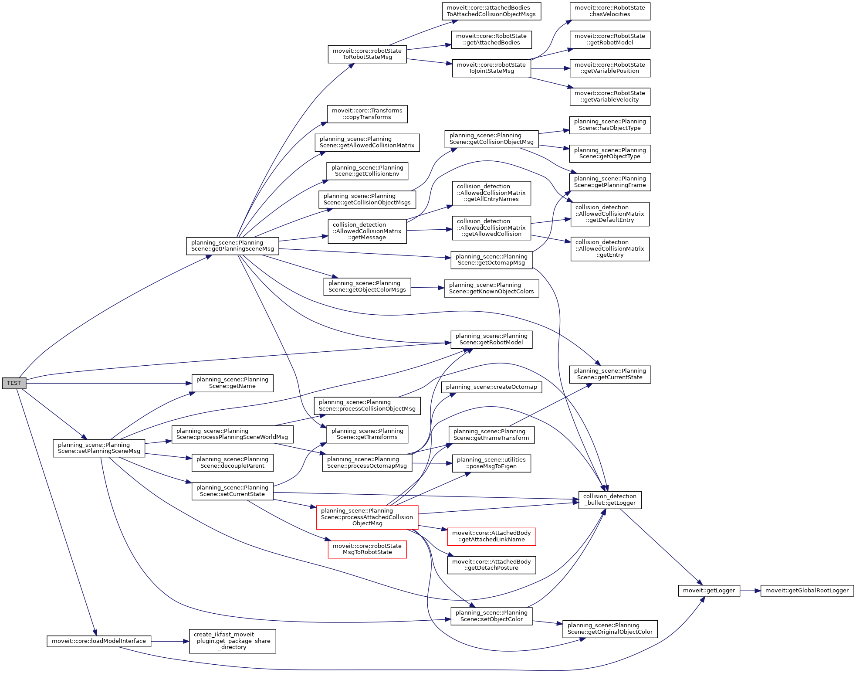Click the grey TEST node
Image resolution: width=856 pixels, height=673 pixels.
(14, 383)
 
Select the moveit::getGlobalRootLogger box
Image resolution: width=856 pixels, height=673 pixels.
(807, 591)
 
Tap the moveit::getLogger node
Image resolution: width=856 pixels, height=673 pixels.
(709, 591)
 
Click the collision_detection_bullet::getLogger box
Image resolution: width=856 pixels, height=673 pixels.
(609, 500)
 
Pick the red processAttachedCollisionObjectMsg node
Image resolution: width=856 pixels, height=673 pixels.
(367, 517)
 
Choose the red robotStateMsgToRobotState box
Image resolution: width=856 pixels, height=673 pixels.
(367, 549)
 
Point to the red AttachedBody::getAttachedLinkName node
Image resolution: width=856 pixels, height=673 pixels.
(491, 536)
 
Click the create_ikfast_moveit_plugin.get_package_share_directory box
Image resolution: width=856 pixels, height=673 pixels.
(232, 641)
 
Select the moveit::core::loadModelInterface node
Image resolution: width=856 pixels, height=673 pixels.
(99, 641)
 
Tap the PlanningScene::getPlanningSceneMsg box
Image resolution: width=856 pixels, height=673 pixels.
(233, 246)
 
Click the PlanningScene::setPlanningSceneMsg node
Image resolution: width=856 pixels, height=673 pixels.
(99, 448)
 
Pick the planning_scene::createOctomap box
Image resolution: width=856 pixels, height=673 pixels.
(491, 387)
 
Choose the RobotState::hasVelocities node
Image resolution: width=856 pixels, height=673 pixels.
(610, 11)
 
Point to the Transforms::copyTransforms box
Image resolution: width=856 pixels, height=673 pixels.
(367, 114)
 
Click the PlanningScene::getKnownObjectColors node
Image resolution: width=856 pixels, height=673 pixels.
(491, 288)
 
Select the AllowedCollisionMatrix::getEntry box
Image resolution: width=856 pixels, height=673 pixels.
(610, 248)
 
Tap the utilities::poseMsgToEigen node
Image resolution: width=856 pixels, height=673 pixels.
(491, 463)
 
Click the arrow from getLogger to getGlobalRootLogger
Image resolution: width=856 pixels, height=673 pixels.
(750, 591)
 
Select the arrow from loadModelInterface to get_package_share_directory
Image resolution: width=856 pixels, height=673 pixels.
(170, 641)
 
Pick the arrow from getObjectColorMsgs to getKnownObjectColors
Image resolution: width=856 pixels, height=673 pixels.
(427, 288)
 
